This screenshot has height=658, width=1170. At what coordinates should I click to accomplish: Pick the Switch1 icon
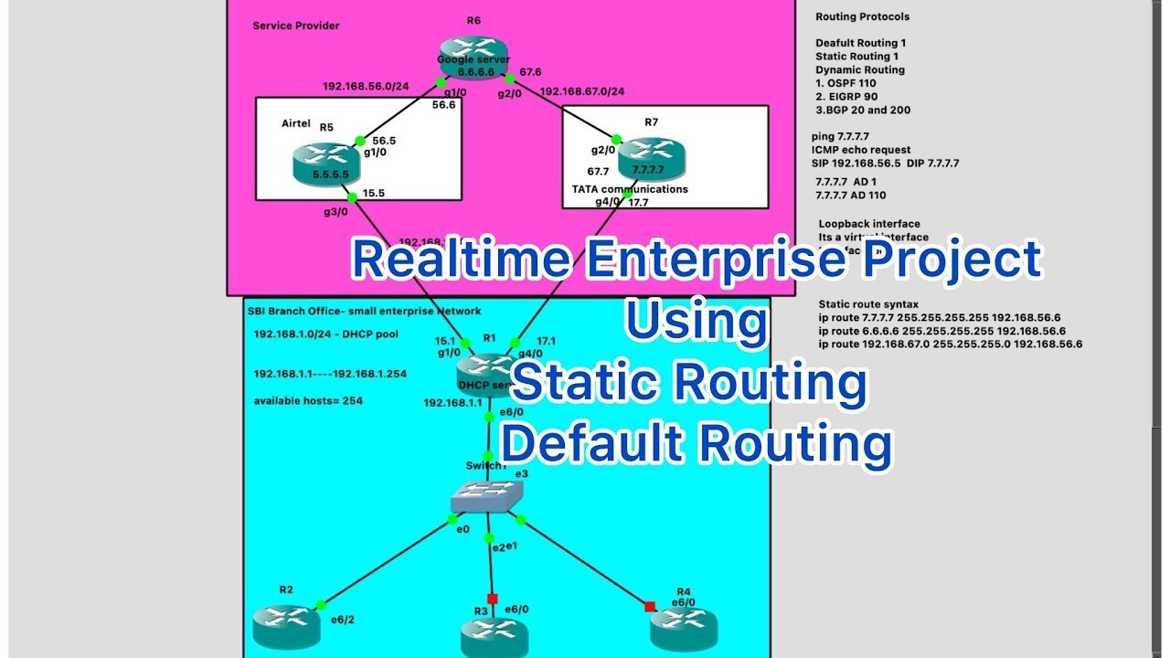(x=488, y=497)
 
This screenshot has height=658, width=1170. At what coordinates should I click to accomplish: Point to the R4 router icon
(x=684, y=628)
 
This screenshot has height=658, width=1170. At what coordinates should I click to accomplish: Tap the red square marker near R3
(x=492, y=600)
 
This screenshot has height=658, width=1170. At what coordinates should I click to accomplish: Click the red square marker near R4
(x=650, y=606)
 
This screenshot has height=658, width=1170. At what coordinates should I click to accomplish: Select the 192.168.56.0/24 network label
(x=366, y=88)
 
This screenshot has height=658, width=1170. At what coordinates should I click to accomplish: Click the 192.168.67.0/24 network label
(x=582, y=92)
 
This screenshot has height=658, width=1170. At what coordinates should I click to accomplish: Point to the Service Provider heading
(x=296, y=26)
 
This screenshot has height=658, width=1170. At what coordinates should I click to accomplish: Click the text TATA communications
(x=630, y=189)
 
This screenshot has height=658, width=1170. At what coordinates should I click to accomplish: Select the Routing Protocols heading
(x=862, y=16)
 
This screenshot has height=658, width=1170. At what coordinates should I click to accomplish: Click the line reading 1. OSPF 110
(x=846, y=83)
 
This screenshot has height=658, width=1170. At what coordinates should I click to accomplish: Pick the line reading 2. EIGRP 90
(x=846, y=96)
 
